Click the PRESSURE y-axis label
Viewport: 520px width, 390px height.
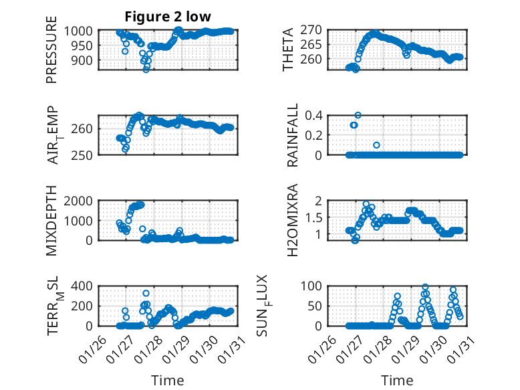pyautogui.click(x=51, y=55)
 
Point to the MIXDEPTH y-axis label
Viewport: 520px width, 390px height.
pyautogui.click(x=51, y=221)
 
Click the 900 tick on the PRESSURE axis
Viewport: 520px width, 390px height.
pyautogui.click(x=83, y=60)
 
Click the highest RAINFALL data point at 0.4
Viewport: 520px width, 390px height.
pyautogui.click(x=358, y=115)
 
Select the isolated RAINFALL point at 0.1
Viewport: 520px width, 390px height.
pyautogui.click(x=377, y=145)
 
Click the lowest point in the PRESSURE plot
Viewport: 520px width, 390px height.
pyautogui.click(x=147, y=68)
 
